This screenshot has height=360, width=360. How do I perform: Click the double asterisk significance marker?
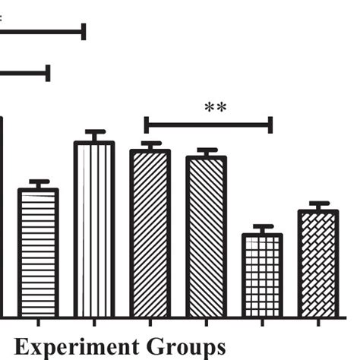pos(216,108)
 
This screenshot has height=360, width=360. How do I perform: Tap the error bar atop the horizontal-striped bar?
pos(39,184)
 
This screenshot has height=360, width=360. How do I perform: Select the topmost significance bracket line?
pos(42,31)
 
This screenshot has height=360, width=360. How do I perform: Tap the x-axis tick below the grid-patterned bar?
pos(262,321)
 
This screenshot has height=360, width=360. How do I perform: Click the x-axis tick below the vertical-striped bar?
pos(94,321)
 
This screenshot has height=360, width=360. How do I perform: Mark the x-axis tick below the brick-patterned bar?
pos(318,321)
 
